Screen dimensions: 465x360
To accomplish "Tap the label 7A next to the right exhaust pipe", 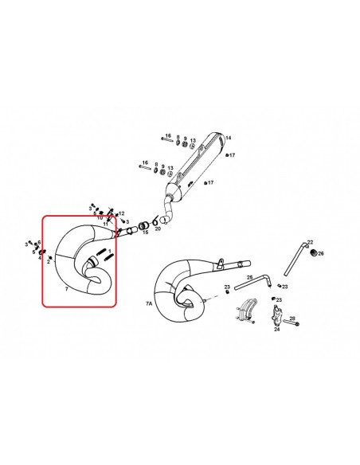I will pyautogui.click(x=149, y=303).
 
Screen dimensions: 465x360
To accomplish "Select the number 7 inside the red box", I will pyautogui.click(x=55, y=292).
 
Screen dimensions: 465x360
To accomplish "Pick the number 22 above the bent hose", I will pyautogui.click(x=311, y=242).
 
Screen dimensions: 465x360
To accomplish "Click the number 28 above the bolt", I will pyautogui.click(x=293, y=318).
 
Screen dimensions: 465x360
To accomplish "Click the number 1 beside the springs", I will pyautogui.click(x=109, y=256).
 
